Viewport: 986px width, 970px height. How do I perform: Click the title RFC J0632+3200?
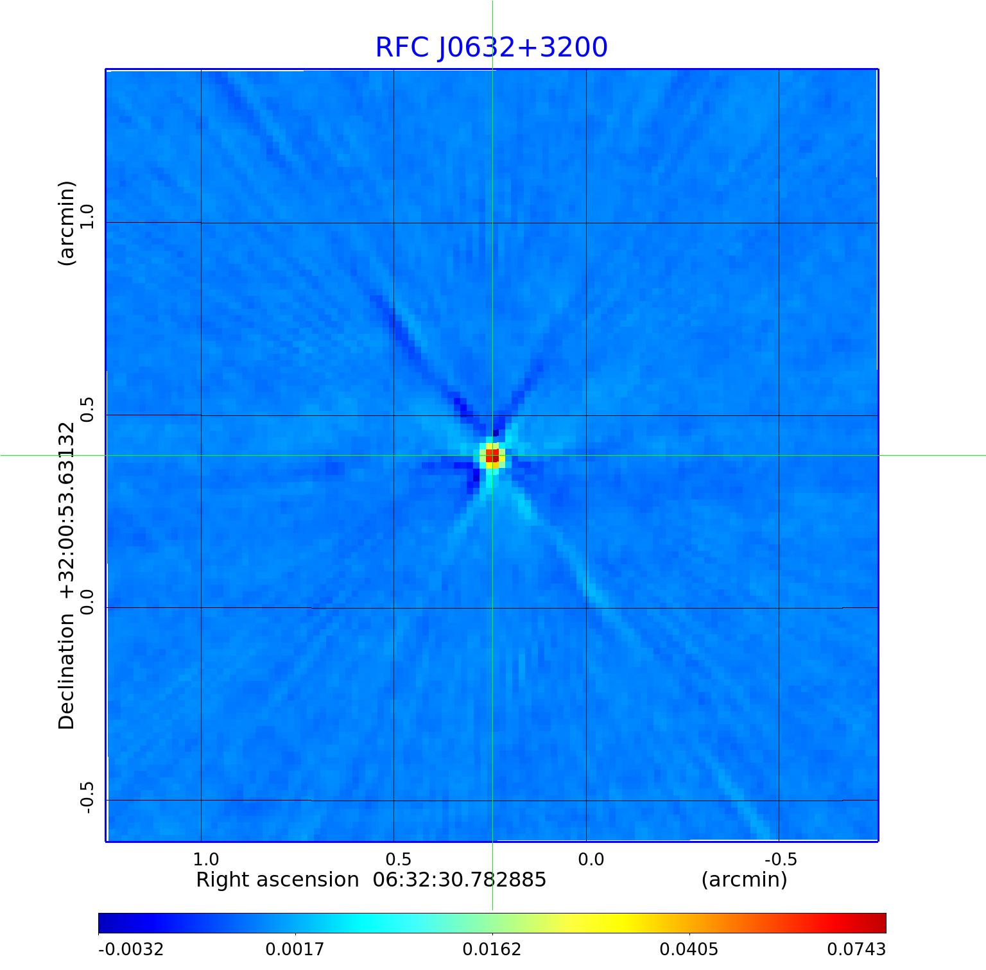pyautogui.click(x=491, y=48)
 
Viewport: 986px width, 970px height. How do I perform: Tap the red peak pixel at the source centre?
pyautogui.click(x=492, y=456)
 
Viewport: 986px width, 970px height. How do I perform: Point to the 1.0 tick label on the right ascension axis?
pyautogui.click(x=205, y=860)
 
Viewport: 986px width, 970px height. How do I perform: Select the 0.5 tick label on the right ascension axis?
pyautogui.click(x=398, y=860)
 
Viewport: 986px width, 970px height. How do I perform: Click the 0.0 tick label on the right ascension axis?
pyautogui.click(x=591, y=860)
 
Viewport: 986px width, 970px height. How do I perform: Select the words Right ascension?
pyautogui.click(x=277, y=879)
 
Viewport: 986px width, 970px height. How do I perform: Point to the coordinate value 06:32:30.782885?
pyautogui.click(x=460, y=879)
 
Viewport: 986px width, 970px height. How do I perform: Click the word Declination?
pyautogui.click(x=67, y=671)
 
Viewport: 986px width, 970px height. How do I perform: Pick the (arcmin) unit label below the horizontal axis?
pyautogui.click(x=744, y=879)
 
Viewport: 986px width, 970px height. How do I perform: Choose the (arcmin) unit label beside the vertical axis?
pyautogui.click(x=67, y=223)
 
